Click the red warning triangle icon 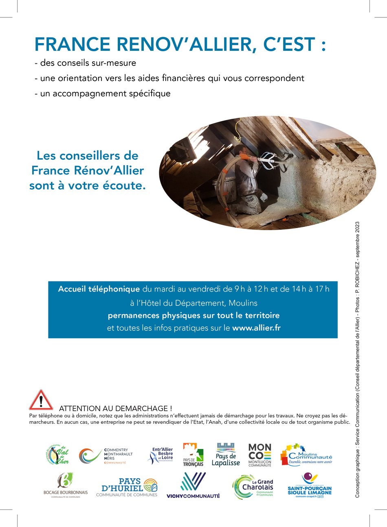pos(41,400)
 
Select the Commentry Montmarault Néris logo pos(106,456)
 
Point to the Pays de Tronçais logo pos(193,455)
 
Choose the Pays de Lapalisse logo pos(226,455)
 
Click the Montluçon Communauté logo pos(259,455)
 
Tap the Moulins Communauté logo pos(306,455)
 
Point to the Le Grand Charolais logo pos(253,486)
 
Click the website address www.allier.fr pos(256,328)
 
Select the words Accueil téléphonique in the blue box pos(99,289)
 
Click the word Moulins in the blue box pos(243,303)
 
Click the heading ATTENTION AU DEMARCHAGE pos(116,408)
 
